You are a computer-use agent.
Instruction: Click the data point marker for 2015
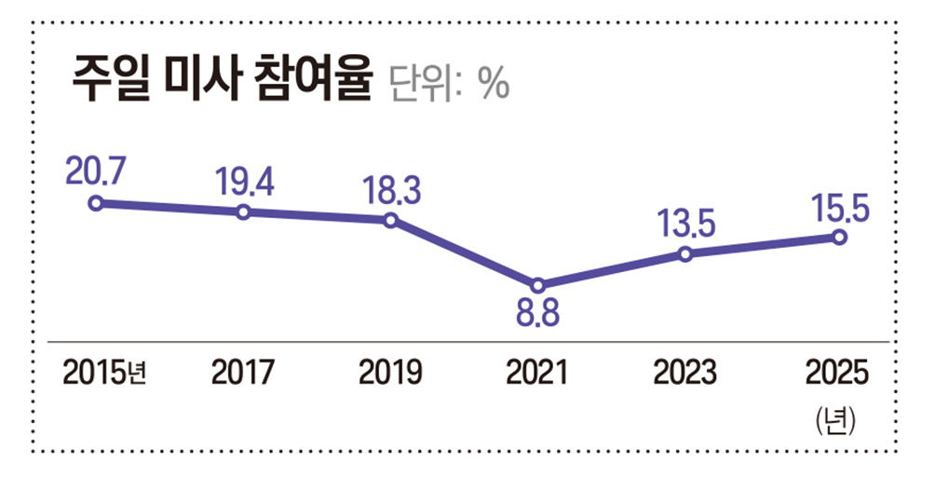pyautogui.click(x=96, y=202)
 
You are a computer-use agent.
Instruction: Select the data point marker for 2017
pyautogui.click(x=243, y=211)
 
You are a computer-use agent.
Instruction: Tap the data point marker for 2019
pyautogui.click(x=390, y=220)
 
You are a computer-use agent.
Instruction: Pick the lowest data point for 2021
pyautogui.click(x=537, y=284)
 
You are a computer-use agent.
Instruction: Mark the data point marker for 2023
pyautogui.click(x=685, y=253)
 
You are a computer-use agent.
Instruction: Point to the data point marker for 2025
pyautogui.click(x=838, y=237)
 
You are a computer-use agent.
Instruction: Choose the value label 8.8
pyautogui.click(x=537, y=315)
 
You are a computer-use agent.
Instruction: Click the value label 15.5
pyautogui.click(x=838, y=207)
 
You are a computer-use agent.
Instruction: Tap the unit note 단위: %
pyautogui.click(x=448, y=85)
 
